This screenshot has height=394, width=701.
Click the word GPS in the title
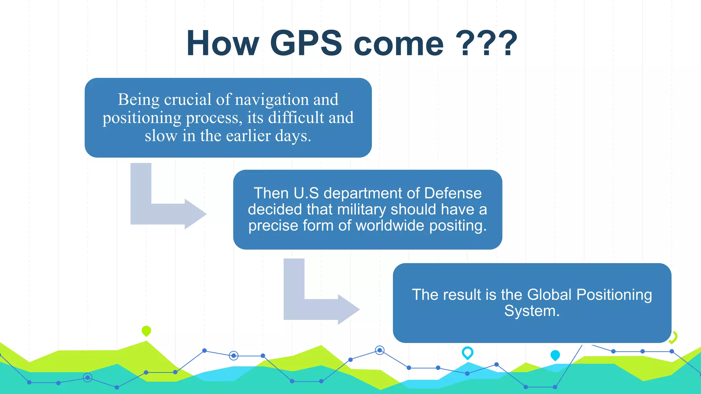306,43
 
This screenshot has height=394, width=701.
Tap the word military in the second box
362,209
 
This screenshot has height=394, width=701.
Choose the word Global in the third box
549,295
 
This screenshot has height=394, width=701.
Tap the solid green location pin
146,331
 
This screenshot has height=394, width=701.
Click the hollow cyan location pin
468,352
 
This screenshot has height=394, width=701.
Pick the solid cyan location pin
555,355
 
